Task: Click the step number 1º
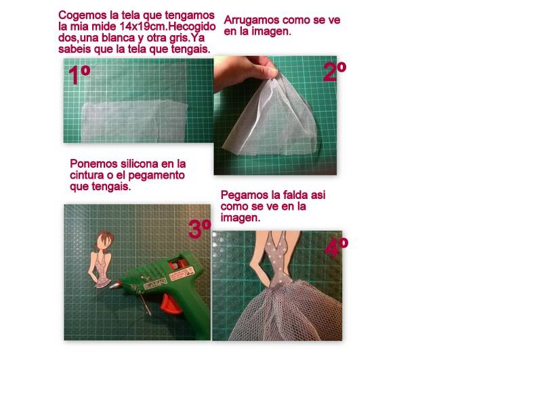(79, 75)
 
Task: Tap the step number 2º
(335, 72)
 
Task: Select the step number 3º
(199, 229)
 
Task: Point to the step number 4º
(336, 247)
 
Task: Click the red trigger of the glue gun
(170, 304)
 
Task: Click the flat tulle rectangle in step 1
(135, 121)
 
